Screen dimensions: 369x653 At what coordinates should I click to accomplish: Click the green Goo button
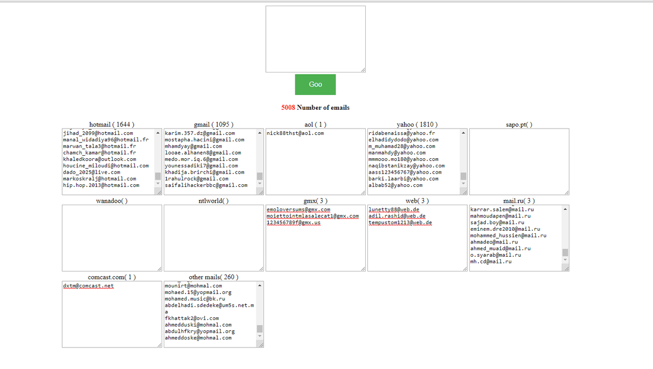(x=315, y=85)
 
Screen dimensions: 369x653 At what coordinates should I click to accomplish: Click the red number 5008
(x=288, y=108)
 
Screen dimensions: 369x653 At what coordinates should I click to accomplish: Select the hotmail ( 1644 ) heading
(x=112, y=125)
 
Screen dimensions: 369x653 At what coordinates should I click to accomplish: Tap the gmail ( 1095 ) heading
(x=214, y=125)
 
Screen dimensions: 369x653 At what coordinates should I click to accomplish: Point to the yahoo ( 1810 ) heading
(x=417, y=125)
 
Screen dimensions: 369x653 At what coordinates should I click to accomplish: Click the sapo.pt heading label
(x=519, y=125)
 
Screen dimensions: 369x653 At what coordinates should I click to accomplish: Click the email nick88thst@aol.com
(x=295, y=133)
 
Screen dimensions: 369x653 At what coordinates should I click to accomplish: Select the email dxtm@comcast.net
(x=88, y=286)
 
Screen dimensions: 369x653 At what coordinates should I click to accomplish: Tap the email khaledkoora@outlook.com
(x=99, y=159)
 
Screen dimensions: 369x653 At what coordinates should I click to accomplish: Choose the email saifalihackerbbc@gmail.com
(x=206, y=185)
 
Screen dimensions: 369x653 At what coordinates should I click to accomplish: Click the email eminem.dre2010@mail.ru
(x=505, y=229)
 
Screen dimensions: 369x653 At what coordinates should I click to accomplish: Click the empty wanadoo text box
(x=112, y=238)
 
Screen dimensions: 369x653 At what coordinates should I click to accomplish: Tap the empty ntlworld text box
(x=214, y=238)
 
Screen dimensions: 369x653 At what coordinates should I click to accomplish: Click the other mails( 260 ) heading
(x=214, y=277)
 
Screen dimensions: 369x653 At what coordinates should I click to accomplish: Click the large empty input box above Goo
(x=315, y=39)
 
